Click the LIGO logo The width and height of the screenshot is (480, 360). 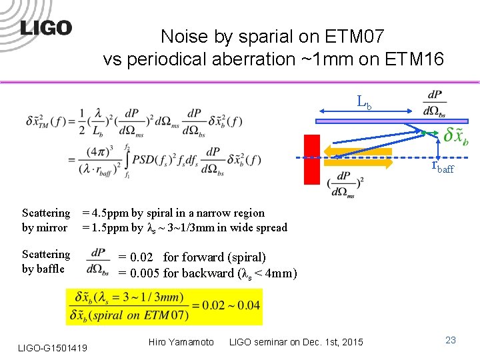pos(45,27)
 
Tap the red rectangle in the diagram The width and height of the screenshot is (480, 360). pos(312,159)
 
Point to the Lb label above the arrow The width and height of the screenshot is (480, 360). pos(363,103)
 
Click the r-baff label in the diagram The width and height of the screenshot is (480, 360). pos(442,167)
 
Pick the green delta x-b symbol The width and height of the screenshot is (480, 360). pos(455,135)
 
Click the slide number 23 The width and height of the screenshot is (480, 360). pos(451,340)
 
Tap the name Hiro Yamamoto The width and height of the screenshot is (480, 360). pos(181,342)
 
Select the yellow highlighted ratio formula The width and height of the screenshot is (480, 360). pos(165,307)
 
